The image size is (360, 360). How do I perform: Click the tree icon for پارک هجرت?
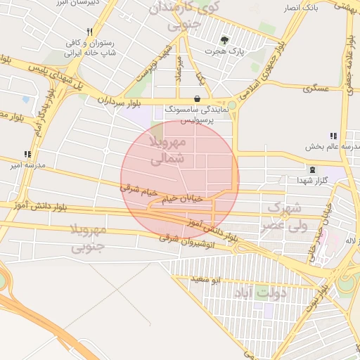(224, 40)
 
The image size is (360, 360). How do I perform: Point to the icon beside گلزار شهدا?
(312, 169)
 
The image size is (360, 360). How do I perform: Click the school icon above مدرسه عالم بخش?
(333, 136)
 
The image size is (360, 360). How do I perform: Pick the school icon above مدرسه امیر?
(27, 154)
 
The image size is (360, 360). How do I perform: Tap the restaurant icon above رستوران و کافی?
(89, 32)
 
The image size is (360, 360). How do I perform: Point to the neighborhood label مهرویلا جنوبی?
(89, 238)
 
